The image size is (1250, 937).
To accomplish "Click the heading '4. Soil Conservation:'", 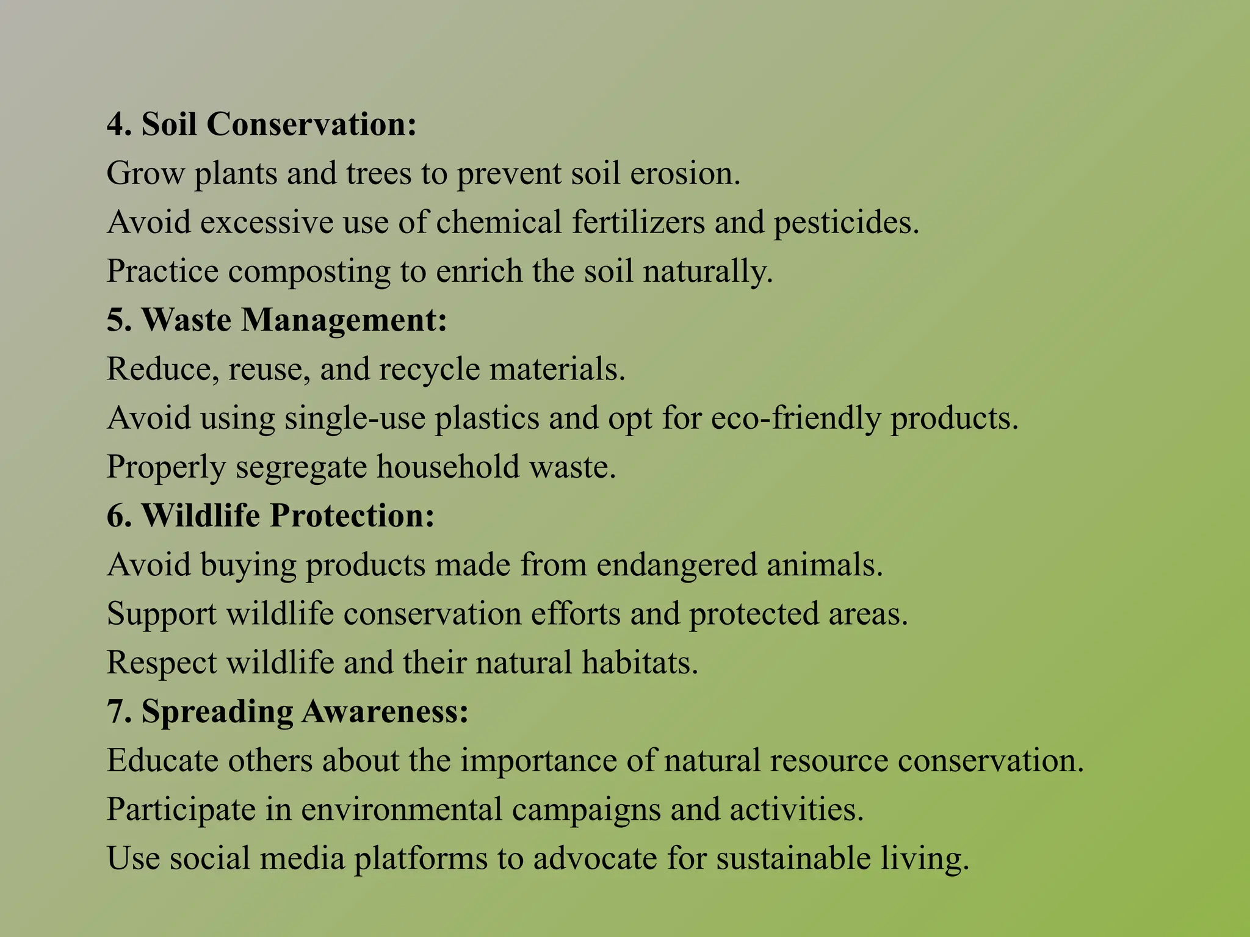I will point(261,124).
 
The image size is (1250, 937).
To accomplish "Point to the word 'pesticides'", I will point(846,222).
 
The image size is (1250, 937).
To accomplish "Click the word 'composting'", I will point(309,272).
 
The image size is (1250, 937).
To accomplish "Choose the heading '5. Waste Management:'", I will point(276,320).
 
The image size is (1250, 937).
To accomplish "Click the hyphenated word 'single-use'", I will point(355,418).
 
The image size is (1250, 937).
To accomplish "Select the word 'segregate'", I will point(301,467).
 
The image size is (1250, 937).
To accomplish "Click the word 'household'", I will point(447,467).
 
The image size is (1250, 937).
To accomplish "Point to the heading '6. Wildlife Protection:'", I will point(270,515).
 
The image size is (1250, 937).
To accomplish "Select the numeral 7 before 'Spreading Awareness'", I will point(115,711).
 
